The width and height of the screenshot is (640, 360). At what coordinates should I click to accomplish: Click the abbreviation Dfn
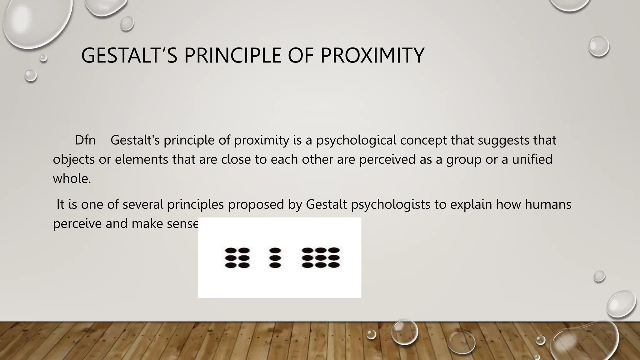85,140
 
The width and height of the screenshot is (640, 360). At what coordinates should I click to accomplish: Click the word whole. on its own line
72,178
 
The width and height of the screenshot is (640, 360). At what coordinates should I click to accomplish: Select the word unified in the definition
532,159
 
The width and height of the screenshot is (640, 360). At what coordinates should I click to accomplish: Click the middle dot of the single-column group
275,258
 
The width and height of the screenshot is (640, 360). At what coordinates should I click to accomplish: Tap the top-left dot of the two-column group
231,250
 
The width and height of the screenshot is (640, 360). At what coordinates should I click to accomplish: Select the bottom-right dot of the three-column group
334,265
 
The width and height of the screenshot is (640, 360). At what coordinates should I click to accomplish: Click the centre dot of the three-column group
321,258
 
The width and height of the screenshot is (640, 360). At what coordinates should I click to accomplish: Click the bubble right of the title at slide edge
599,46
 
